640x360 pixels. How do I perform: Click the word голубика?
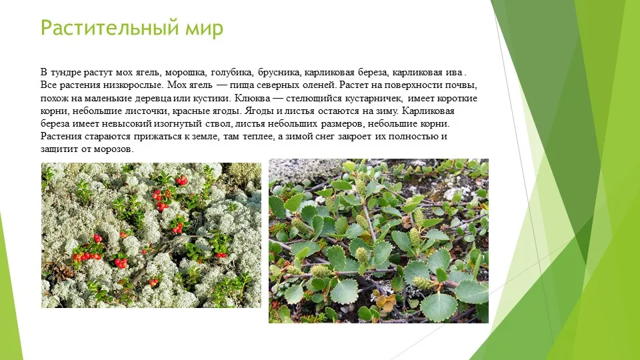(232, 73)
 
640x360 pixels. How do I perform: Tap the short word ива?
(453, 73)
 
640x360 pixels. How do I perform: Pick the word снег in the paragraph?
(325, 136)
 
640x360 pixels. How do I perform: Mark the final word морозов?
(113, 149)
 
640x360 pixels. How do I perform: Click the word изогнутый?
(177, 124)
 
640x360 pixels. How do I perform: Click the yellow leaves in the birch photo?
(385, 302)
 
